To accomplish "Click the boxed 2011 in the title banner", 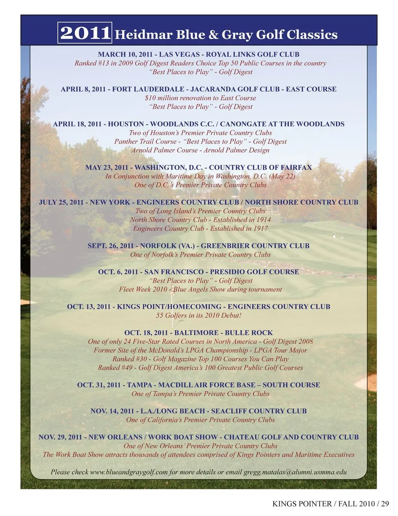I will tap(85, 33).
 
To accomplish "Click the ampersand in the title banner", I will tap(214, 34).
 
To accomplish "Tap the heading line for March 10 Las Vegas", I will tap(199, 54).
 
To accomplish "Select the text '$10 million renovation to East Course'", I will tap(200, 98).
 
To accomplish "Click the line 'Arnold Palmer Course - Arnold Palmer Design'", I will tap(200, 150).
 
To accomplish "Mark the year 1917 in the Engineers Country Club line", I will tap(260, 228).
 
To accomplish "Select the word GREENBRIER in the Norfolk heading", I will tap(223, 246).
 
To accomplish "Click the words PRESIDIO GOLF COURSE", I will tap(255, 272).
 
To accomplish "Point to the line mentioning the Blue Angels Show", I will tap(200, 289).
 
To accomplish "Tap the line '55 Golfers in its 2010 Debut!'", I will tap(199, 315).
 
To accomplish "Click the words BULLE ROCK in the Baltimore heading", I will tap(249, 333).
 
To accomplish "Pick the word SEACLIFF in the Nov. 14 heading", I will tap(229, 411).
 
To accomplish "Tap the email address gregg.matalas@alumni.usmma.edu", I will tap(295, 472).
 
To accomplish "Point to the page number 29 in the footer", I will tap(385, 504).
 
